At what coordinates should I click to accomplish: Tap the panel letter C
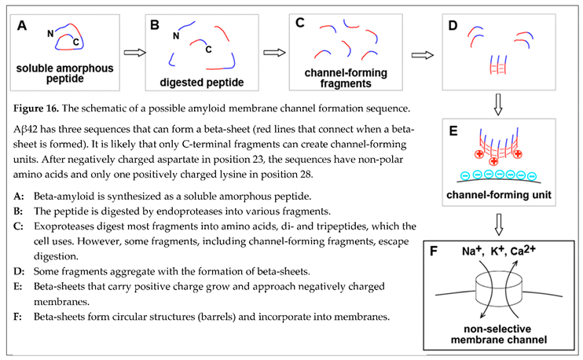point(300,23)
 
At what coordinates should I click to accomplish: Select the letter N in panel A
point(49,32)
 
